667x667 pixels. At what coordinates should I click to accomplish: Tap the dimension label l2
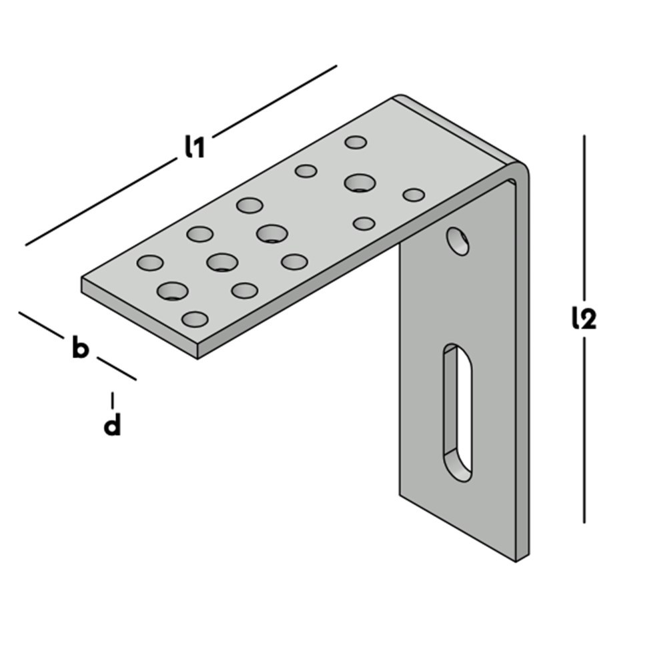pos(584,319)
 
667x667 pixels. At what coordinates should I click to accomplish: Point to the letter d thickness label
pos(112,424)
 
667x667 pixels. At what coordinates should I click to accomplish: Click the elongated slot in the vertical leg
pos(458,413)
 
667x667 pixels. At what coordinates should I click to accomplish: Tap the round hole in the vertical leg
pos(458,241)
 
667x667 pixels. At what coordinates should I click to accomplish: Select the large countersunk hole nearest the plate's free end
pos(173,291)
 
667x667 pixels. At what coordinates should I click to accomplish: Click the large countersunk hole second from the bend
pos(272,233)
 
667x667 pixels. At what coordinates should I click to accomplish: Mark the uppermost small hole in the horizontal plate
pos(356,142)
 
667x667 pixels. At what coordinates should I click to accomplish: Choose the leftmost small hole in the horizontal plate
pos(150,262)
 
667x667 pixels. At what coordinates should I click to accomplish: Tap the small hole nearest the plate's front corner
pos(195,319)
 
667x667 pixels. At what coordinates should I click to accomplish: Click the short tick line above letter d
pos(112,400)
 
